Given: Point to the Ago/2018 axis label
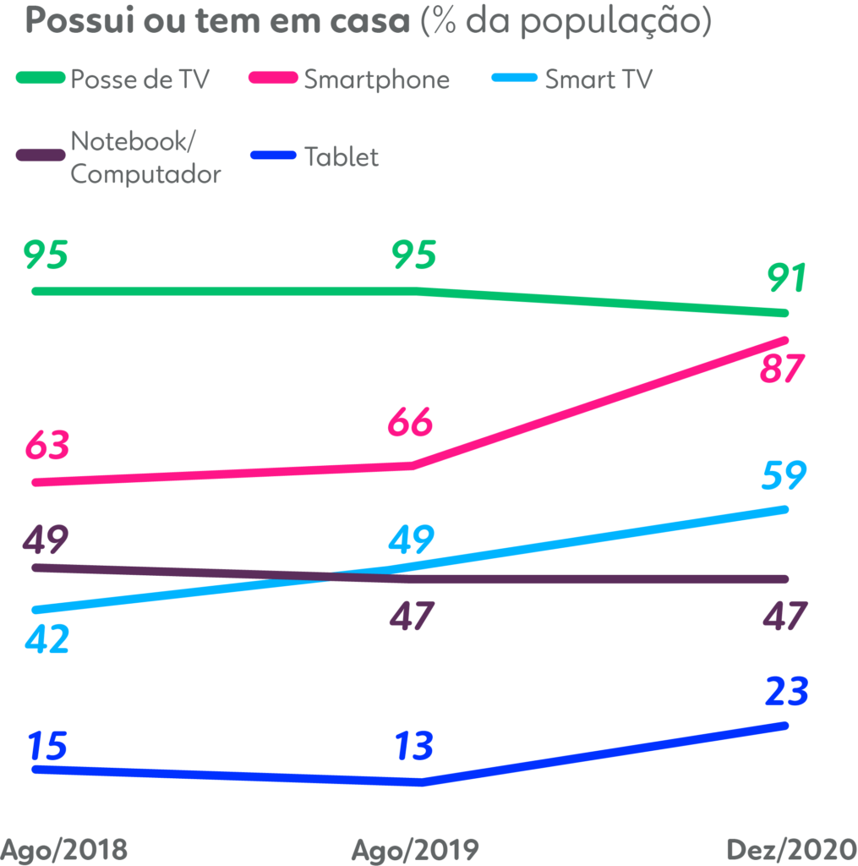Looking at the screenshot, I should pyautogui.click(x=64, y=849).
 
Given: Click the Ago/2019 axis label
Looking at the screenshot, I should pyautogui.click(x=415, y=849).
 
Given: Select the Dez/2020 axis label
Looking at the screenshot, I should pyautogui.click(x=792, y=849).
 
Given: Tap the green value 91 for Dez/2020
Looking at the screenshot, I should pyautogui.click(x=786, y=277).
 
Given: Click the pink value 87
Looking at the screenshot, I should pyautogui.click(x=781, y=370).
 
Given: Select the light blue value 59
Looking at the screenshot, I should pyautogui.click(x=784, y=476).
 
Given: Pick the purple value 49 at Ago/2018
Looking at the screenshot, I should pyautogui.click(x=47, y=538).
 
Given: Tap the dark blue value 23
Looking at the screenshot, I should pyautogui.click(x=786, y=691).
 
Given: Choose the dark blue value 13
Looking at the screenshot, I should pyautogui.click(x=414, y=747).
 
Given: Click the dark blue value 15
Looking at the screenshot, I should pyautogui.click(x=47, y=747).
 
